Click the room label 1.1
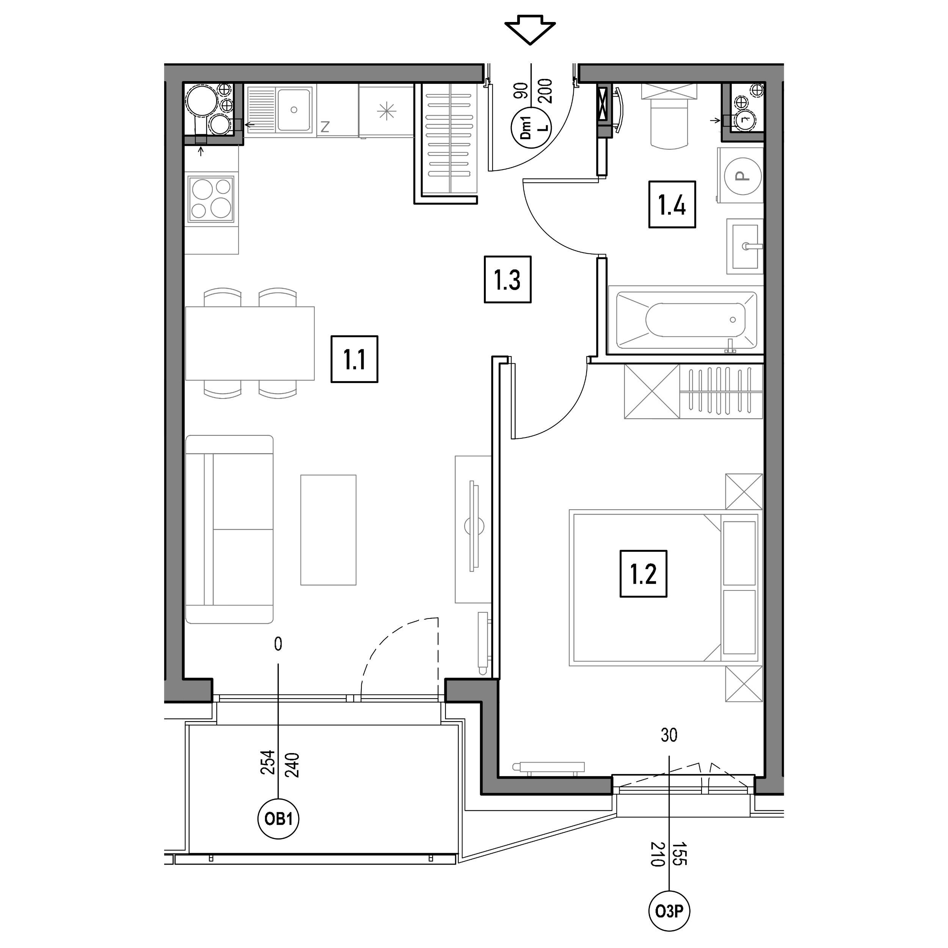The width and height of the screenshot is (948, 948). click(354, 359)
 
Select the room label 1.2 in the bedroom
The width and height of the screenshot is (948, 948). click(643, 574)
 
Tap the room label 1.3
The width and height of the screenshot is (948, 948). click(507, 279)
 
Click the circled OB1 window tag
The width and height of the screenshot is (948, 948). click(278, 819)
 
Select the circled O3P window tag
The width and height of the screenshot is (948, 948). click(669, 912)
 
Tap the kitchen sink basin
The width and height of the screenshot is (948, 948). click(294, 110)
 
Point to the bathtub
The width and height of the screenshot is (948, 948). click(686, 320)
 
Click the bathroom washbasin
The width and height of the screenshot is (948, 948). click(745, 246)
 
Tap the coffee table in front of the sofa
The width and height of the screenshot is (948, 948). click(328, 530)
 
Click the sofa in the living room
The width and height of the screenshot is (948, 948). click(229, 529)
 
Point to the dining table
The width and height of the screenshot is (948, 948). click(250, 343)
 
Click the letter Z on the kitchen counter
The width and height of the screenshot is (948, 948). click(325, 127)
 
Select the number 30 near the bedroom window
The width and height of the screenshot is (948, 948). click(669, 735)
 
